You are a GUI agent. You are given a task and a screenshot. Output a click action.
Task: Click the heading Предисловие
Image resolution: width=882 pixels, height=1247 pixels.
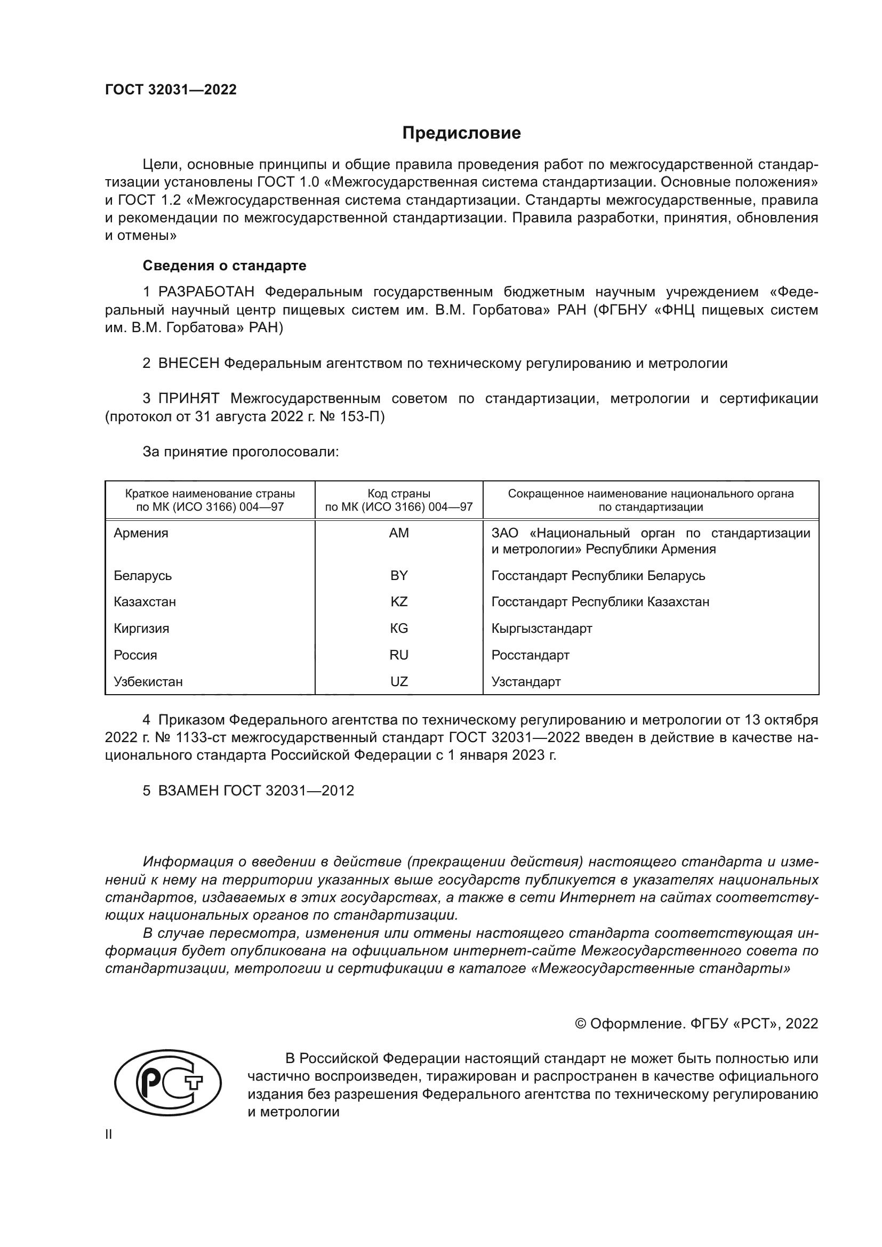pos(461,133)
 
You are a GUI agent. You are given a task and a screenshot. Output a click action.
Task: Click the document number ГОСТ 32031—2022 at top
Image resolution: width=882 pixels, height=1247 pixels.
pos(171,90)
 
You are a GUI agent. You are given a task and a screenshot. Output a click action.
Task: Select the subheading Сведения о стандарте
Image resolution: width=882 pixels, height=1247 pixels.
pos(224,266)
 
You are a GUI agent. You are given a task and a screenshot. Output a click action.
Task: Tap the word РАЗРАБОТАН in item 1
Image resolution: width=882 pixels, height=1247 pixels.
pos(206,292)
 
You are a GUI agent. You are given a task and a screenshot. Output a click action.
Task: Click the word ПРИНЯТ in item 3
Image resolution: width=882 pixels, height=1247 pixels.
pos(188,399)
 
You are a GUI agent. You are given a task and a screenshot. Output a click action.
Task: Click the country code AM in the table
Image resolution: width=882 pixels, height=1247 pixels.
pos(399,533)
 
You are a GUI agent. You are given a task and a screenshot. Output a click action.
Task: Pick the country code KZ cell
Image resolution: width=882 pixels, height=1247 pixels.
pos(399,602)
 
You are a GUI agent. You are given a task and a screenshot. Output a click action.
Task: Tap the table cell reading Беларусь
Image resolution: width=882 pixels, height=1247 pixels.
pos(143,575)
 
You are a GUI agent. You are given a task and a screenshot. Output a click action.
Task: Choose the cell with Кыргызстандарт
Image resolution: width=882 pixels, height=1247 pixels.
pos(541,629)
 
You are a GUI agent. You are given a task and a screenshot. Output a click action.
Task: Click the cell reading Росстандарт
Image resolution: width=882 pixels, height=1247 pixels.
pos(530,655)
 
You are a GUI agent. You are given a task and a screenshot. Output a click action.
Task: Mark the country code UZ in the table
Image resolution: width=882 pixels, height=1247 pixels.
pos(399,682)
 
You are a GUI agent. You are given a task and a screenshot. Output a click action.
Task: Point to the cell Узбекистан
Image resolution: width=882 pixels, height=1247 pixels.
pos(148,682)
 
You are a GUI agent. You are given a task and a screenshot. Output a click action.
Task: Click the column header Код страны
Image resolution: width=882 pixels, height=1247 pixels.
pos(399,494)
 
